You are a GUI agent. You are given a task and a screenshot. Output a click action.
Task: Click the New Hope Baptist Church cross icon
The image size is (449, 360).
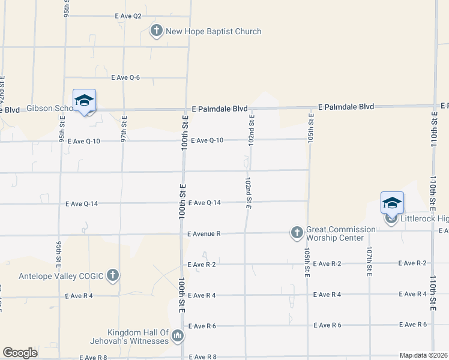coord(157,31)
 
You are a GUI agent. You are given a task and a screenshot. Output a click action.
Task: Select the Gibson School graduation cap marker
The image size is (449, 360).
coord(84,101)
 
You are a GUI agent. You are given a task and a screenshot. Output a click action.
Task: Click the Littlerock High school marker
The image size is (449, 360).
coord(392,203)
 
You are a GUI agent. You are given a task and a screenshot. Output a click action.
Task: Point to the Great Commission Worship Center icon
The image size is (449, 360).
coord(297,232)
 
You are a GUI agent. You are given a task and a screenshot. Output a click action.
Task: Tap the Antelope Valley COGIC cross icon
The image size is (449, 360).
coord(113,275)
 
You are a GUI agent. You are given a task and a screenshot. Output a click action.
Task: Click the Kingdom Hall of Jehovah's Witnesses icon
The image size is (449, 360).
coord(177,337)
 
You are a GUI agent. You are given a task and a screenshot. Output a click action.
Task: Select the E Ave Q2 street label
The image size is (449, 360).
coord(128,16)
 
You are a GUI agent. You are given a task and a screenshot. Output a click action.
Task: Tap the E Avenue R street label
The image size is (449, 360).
coord(204,233)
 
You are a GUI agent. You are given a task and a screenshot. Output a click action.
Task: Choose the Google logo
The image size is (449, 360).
coord(20,353)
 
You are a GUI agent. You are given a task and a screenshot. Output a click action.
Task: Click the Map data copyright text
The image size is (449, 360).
coord(424,355)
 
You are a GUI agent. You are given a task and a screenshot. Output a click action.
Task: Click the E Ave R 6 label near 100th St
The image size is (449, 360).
coord(202,326)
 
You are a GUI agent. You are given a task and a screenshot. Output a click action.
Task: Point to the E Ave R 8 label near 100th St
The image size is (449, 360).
coord(202,357)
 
